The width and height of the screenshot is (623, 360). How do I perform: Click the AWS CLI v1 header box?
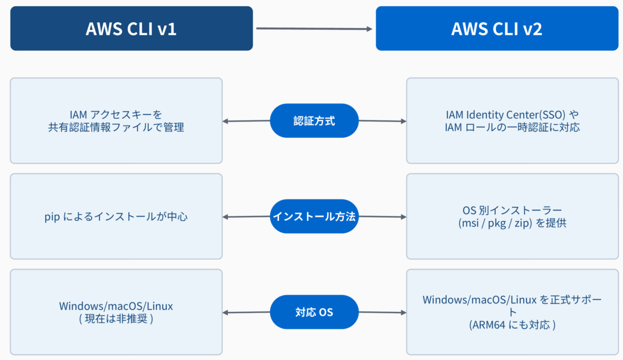pos(131,29)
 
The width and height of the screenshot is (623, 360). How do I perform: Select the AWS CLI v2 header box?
pos(497,29)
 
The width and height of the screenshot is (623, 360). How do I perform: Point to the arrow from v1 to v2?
pos(314,29)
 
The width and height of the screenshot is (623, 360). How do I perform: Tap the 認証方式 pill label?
pos(314,121)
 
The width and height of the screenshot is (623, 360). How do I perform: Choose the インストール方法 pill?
pos(314,216)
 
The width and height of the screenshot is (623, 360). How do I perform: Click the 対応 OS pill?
pos(314,312)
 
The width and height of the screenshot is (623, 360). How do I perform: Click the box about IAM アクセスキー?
pos(116,121)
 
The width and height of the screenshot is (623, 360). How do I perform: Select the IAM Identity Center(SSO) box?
pos(512,121)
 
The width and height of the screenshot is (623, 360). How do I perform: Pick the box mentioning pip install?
pos(116,216)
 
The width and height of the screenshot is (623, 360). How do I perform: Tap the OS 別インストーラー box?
pos(512,216)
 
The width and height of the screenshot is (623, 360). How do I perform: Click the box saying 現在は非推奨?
pos(116,312)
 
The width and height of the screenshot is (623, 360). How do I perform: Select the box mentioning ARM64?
pos(512,312)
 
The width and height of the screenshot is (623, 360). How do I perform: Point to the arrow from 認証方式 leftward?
pos(247,121)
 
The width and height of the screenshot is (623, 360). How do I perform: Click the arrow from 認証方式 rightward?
pos(383,121)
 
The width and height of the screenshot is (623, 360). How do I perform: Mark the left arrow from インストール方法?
pos(247,217)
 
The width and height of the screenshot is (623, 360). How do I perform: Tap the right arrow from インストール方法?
pos(383,217)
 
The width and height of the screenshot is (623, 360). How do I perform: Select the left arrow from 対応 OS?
pos(247,312)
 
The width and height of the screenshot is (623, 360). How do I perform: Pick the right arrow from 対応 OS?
pos(383,312)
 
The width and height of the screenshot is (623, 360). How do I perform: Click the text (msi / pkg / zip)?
pos(495,223)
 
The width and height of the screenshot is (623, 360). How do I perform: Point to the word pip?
pos(52,217)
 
